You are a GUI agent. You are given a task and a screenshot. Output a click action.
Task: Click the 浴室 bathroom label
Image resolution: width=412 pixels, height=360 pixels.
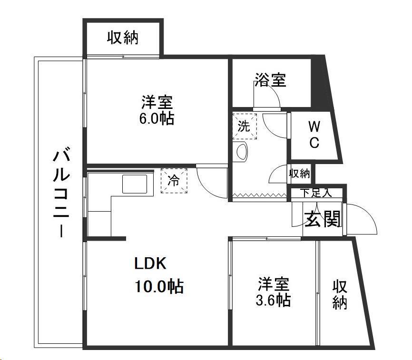(x=270, y=80)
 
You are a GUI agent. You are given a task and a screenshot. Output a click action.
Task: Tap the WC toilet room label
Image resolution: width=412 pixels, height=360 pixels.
(x=314, y=135)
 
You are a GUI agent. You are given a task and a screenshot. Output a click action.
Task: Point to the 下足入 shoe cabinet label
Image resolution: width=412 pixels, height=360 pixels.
(x=315, y=193)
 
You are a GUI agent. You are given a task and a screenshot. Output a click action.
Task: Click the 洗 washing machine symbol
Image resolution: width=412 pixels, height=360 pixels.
(x=244, y=126)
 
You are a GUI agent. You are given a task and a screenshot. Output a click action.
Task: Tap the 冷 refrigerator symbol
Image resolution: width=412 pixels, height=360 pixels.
(x=174, y=181)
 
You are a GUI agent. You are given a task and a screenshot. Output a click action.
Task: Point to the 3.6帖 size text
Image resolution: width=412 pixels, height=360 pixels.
(x=274, y=300)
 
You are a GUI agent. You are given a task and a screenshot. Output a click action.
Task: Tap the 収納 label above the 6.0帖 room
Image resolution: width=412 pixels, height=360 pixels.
(x=122, y=37)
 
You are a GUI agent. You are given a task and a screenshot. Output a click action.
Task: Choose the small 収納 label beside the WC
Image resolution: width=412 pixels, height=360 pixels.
(x=300, y=174)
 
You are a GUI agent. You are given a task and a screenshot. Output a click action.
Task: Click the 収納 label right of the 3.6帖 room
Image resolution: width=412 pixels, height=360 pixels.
(x=339, y=294)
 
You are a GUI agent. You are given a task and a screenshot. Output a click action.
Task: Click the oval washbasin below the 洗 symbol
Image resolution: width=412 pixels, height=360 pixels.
(x=242, y=151)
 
